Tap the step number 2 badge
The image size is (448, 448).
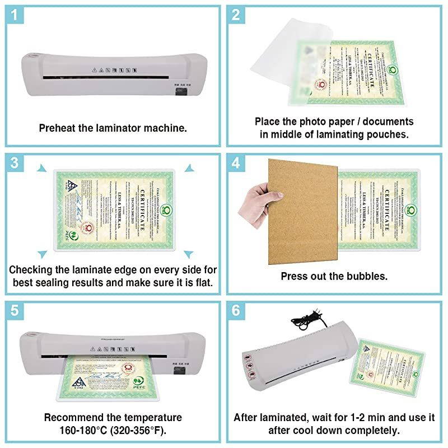pyautogui.click(x=236, y=15)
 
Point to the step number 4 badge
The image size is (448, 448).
pyautogui.click(x=236, y=164)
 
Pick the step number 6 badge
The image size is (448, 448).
pyautogui.click(x=236, y=311)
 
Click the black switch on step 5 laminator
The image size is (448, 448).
pyautogui.click(x=179, y=371)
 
